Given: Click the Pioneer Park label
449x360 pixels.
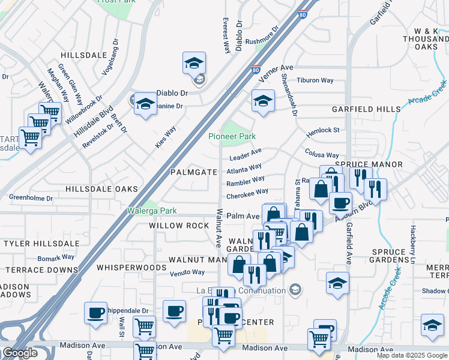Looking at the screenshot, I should click(232, 136).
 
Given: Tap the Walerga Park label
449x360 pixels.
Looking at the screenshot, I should click(152, 211).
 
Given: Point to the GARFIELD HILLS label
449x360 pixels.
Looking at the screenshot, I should click(366, 109).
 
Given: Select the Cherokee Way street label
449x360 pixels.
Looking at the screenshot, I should click(247, 194).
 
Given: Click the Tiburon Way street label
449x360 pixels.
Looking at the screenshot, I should click(315, 80).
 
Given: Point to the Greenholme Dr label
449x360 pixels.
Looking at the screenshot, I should click(31, 197).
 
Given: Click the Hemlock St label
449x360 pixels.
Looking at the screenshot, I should click(323, 130).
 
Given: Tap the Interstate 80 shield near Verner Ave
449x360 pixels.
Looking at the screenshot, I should click(256, 70).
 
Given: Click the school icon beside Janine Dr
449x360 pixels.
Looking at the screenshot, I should click(145, 104).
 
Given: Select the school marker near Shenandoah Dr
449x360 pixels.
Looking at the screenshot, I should click(263, 101).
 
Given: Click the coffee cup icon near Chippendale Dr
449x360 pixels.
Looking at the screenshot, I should click(96, 313).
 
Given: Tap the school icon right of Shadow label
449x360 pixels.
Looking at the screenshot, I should click(432, 325).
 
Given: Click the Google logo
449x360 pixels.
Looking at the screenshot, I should click(20, 353).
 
